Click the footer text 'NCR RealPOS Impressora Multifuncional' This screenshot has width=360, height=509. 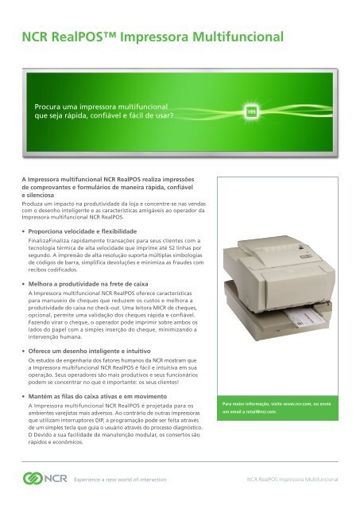point(292,481)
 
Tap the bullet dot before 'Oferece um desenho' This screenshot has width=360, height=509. point(24,351)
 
